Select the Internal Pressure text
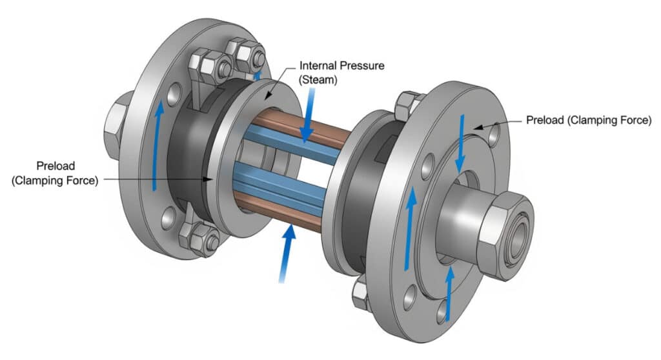coord(328,66)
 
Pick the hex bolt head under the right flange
coord(362,294)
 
